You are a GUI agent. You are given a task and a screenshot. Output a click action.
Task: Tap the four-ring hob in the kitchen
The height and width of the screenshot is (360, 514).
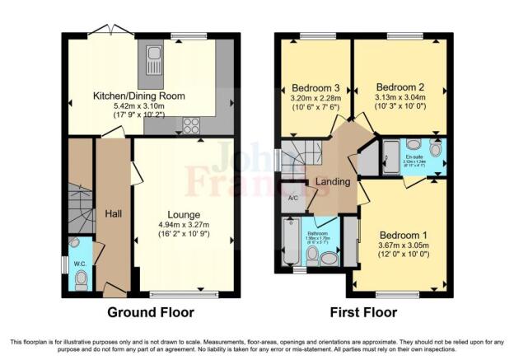click(192, 126)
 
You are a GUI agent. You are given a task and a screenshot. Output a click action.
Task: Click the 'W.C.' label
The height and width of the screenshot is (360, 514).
click(80, 264)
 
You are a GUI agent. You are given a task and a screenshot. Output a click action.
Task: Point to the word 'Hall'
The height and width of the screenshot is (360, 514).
click(113, 214)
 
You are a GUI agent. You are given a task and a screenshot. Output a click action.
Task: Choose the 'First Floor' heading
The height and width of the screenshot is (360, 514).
click(363, 312)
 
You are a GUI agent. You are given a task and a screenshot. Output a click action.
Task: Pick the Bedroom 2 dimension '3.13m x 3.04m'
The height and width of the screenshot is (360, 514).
click(400, 96)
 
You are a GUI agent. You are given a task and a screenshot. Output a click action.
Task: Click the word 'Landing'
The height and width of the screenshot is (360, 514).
click(335, 182)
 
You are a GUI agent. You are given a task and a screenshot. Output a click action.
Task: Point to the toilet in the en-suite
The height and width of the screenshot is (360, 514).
click(437, 150)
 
